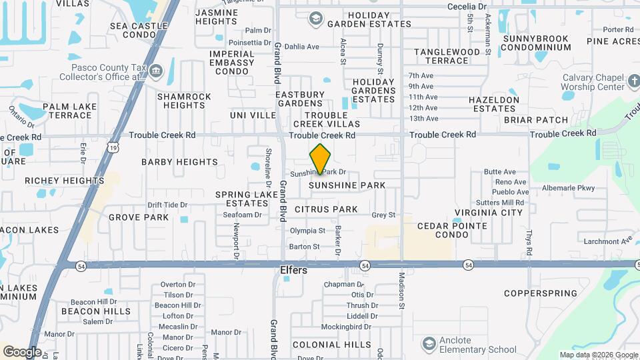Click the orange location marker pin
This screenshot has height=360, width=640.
[321, 159]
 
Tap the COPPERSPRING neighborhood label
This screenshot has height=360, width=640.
[541, 293]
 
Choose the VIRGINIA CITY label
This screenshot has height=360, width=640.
[488, 213]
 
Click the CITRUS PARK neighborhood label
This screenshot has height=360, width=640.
[326, 209]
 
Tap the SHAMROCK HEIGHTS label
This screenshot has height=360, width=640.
[184, 101]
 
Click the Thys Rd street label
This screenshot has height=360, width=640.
[529, 243]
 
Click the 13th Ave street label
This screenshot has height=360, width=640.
[423, 118]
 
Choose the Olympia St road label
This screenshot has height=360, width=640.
[307, 231]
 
